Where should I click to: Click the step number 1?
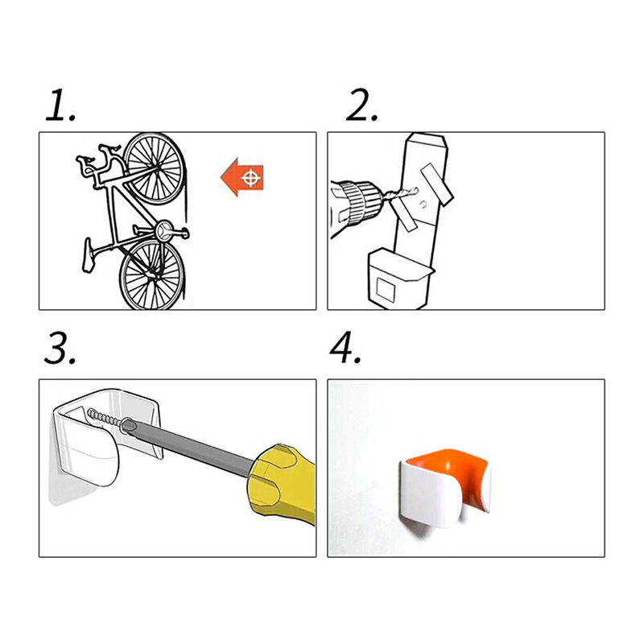tap(60, 105)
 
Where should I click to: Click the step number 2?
tap(361, 105)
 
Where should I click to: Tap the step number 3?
tap(60, 349)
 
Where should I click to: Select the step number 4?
tap(346, 349)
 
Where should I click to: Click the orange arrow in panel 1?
tap(242, 177)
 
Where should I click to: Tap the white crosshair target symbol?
tap(251, 178)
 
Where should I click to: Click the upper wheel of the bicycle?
tap(155, 168)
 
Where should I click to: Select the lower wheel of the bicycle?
tap(152, 275)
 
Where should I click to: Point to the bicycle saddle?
tap(88, 255)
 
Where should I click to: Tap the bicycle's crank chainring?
tap(164, 229)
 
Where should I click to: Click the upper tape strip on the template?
tap(436, 184)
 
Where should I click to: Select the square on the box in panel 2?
tap(386, 289)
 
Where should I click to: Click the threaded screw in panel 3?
tap(105, 417)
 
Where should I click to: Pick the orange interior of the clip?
tap(446, 466)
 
